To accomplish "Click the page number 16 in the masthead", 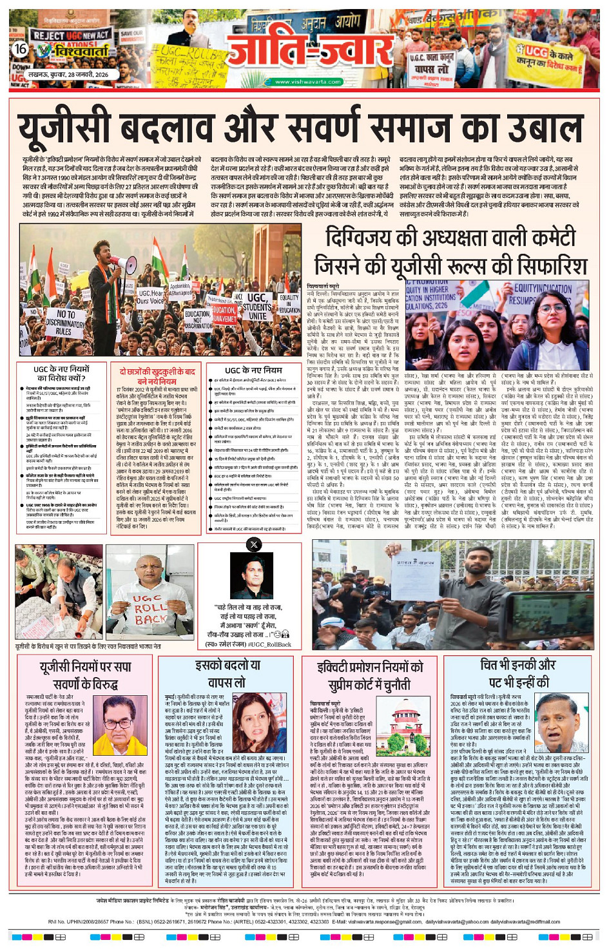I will click(x=21, y=49).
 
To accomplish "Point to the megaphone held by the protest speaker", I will click(x=122, y=262).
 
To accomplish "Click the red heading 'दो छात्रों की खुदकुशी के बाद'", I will click(x=157, y=372).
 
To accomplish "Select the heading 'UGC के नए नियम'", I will click(x=253, y=370).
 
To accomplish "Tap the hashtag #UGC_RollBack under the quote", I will click(x=267, y=644).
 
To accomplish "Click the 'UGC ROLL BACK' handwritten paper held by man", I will click(x=150, y=609).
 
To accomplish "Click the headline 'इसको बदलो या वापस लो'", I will click(x=227, y=673).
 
